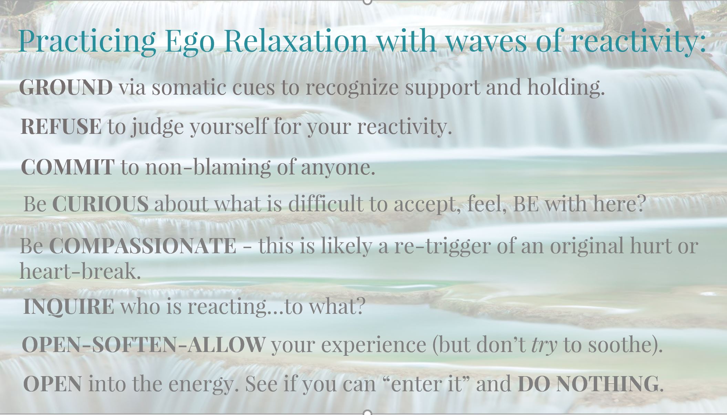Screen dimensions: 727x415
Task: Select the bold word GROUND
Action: coord(66,87)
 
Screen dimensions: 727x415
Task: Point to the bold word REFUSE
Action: coord(61,126)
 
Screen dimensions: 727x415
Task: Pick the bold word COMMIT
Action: coord(67,167)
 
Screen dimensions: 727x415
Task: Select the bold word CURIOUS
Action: coord(100,203)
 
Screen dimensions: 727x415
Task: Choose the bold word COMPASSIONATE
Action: coord(143,246)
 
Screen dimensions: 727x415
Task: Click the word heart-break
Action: coord(80,271)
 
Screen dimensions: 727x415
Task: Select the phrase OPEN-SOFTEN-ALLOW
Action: coord(143,344)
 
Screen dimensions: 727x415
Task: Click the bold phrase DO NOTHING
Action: coord(588,383)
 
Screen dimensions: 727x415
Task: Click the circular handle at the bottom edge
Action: coord(367,412)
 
